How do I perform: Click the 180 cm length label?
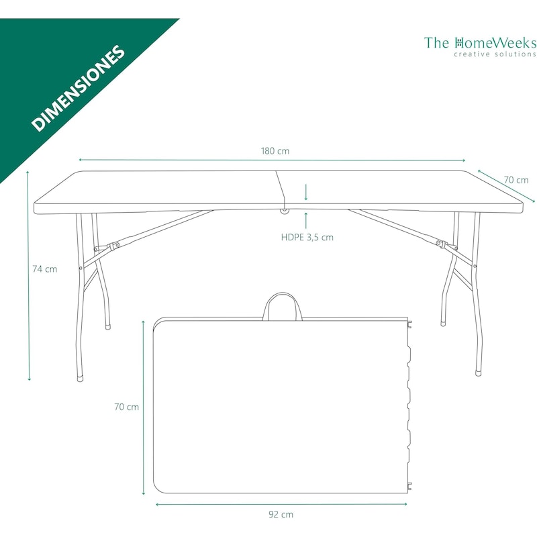click(x=275, y=151)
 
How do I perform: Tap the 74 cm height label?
click(x=45, y=269)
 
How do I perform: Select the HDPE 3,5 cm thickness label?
click(x=307, y=238)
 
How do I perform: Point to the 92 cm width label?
click(x=281, y=514)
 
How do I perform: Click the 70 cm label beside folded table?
click(x=127, y=407)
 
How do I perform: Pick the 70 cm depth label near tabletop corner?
click(x=516, y=180)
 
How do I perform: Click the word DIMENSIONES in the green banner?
click(x=78, y=88)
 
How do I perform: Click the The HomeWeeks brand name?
click(x=480, y=43)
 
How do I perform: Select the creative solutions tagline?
click(x=495, y=54)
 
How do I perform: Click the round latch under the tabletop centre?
click(x=284, y=211)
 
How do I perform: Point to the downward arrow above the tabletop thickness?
click(x=306, y=192)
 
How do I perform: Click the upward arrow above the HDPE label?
click(x=306, y=220)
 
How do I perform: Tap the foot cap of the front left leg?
click(x=80, y=379)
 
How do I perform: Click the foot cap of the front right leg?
click(x=479, y=373)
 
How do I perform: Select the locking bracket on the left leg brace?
click(x=113, y=246)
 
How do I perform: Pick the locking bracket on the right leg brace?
click(x=441, y=244)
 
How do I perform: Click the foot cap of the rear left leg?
click(x=108, y=327)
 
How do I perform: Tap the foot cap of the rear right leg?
click(x=443, y=324)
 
